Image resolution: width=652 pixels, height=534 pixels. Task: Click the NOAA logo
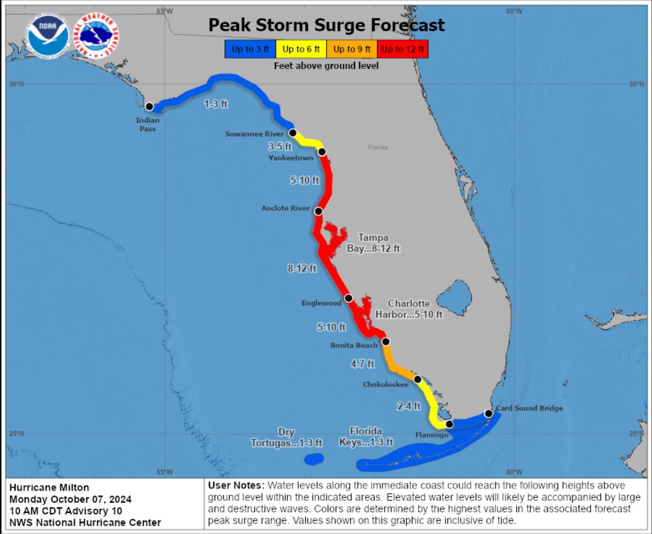click(x=49, y=37)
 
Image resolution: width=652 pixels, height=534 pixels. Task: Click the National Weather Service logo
click(x=96, y=36)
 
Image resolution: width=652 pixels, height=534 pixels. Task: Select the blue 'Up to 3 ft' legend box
click(x=249, y=49)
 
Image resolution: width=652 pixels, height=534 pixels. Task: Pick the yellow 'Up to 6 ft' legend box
click(x=300, y=49)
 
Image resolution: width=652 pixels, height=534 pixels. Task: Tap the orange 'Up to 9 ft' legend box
click(x=352, y=49)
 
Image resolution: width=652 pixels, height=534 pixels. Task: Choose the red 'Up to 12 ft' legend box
click(x=403, y=49)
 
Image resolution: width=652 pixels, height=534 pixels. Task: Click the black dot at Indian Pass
click(x=149, y=107)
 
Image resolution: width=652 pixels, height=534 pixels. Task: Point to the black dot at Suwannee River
click(x=293, y=133)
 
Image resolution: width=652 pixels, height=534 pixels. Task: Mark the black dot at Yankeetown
click(x=322, y=152)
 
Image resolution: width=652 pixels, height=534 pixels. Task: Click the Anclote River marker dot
click(x=318, y=211)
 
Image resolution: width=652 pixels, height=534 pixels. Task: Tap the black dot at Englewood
click(x=349, y=297)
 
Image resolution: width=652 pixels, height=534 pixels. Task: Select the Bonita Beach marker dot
click(x=386, y=341)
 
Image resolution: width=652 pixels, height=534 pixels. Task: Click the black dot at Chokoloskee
click(x=417, y=379)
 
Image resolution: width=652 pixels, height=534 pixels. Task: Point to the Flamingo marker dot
click(x=449, y=424)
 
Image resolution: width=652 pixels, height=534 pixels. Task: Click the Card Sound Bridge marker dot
click(x=488, y=414)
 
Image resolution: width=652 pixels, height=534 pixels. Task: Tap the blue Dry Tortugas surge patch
click(x=314, y=460)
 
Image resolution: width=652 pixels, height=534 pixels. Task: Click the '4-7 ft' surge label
click(x=363, y=364)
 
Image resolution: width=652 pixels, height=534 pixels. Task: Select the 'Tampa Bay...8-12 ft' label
click(x=374, y=243)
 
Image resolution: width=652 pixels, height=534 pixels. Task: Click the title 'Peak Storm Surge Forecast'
click(x=327, y=24)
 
